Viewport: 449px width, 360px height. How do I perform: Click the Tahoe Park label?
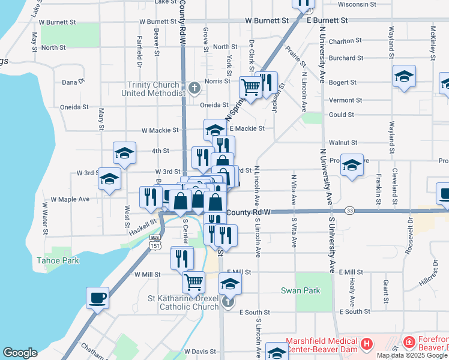58,261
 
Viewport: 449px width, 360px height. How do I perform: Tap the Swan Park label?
300,290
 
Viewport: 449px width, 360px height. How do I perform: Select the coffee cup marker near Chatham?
97,298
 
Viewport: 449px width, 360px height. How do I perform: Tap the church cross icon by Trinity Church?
193,89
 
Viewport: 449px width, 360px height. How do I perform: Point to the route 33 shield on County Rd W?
349,211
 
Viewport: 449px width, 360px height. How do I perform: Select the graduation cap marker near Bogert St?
405,77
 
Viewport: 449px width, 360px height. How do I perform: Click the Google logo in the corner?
20,353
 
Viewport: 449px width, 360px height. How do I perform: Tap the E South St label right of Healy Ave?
354,312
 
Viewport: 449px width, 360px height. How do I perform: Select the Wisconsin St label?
353,4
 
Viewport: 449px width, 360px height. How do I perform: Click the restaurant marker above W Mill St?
182,257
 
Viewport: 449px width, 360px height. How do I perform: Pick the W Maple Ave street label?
70,199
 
